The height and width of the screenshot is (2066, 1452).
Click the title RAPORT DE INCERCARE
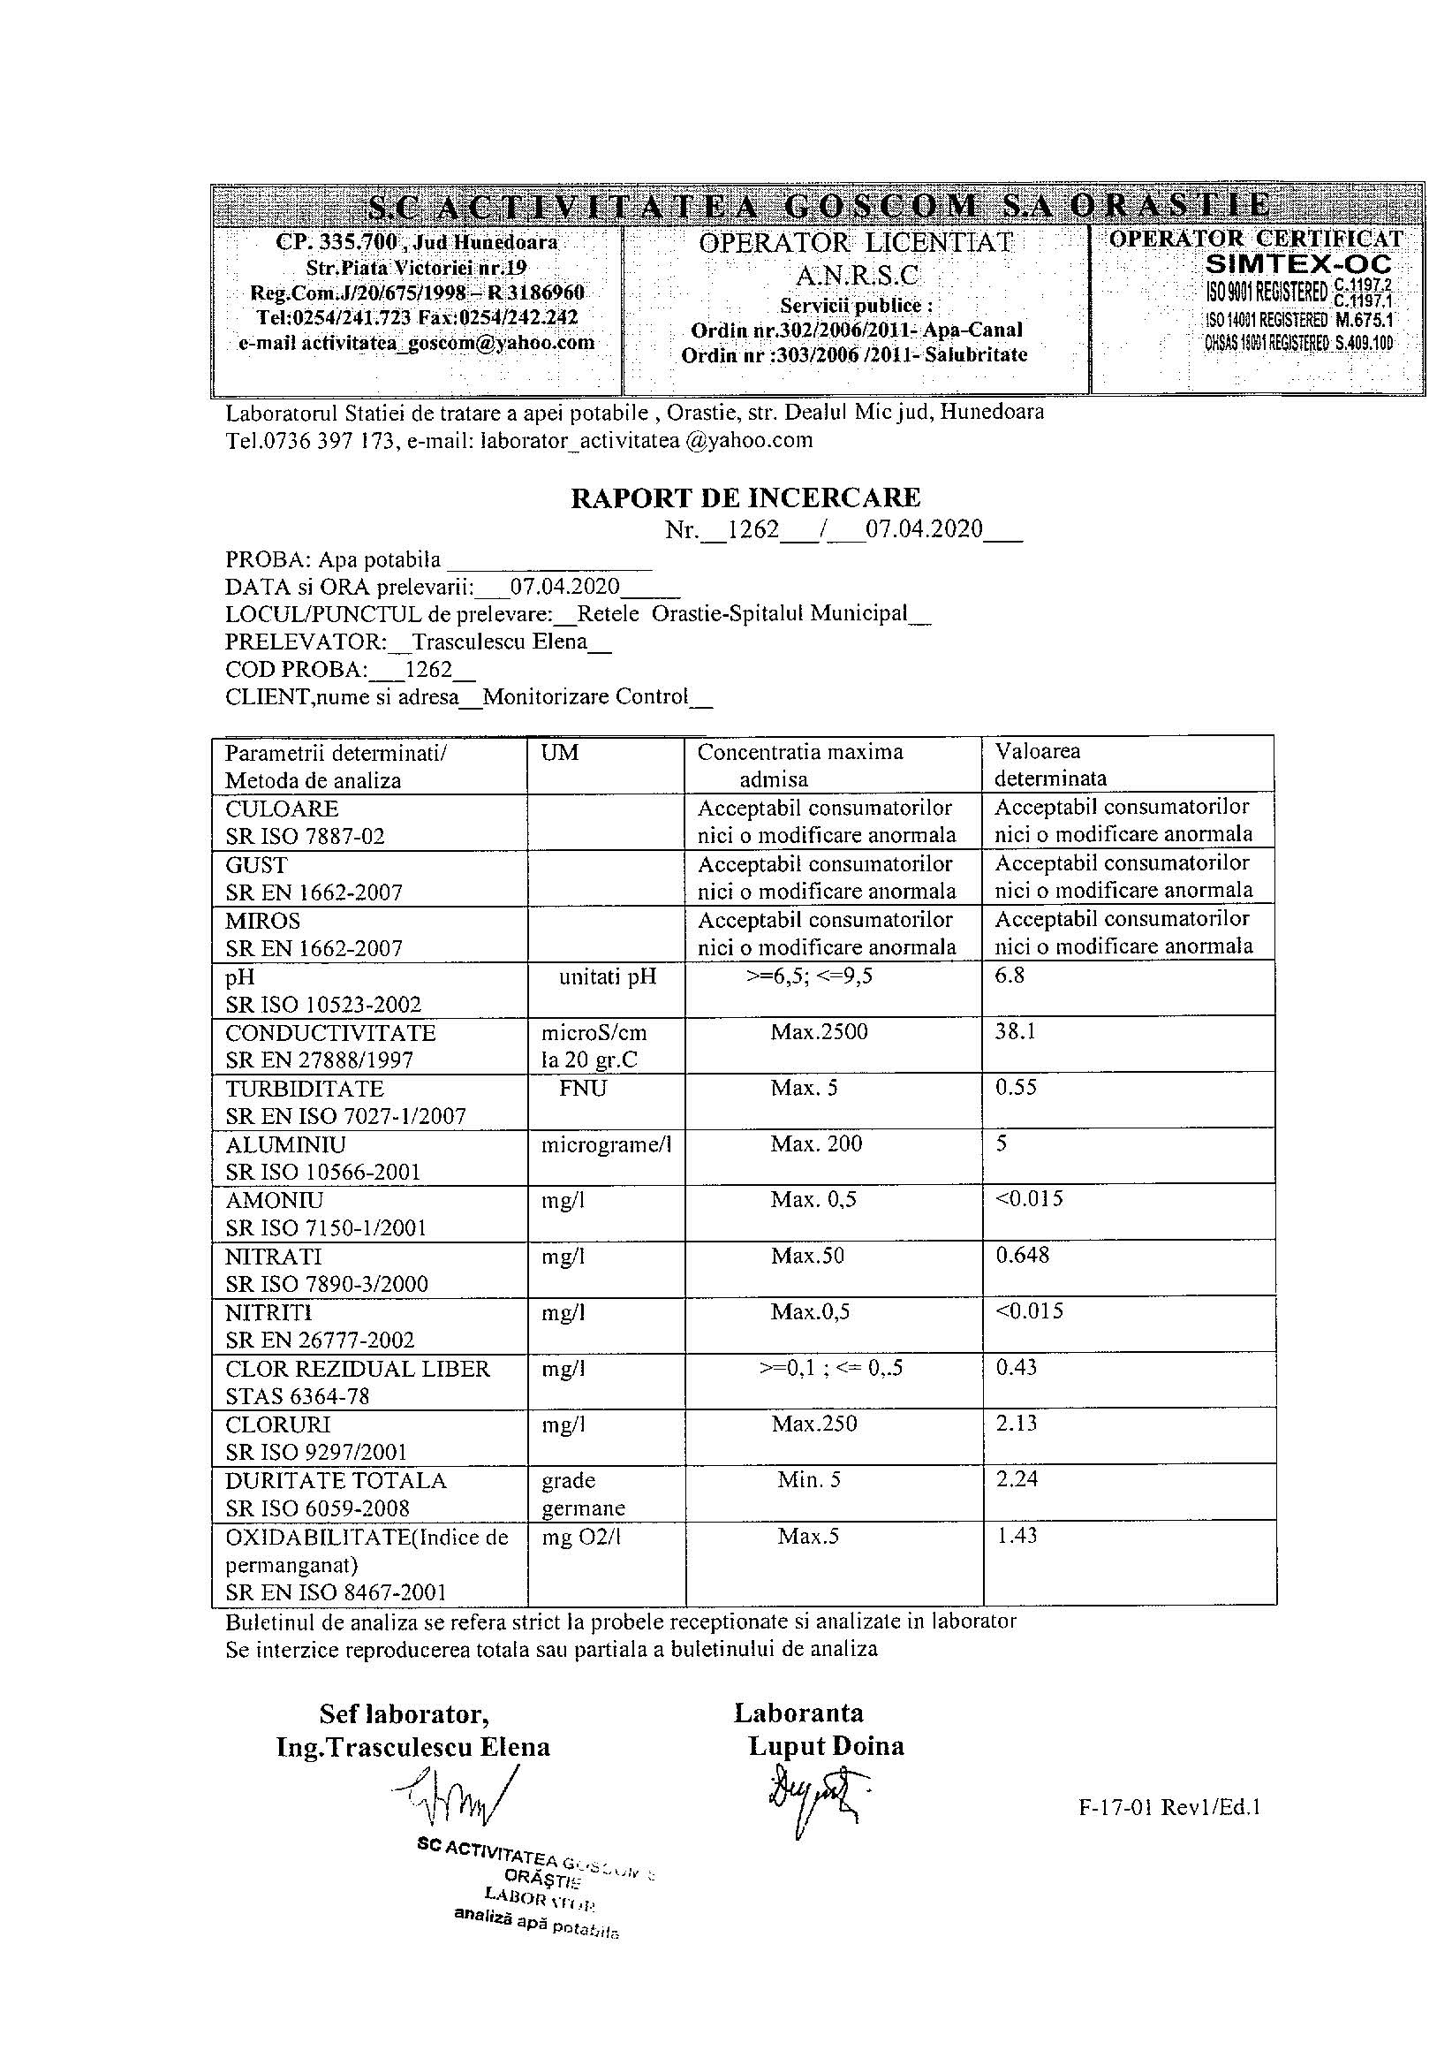745,498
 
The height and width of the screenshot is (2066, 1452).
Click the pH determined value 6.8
1010,976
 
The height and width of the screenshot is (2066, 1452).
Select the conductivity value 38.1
1015,1031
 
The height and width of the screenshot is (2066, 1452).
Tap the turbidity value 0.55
1016,1087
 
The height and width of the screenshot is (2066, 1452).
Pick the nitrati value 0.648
1022,1256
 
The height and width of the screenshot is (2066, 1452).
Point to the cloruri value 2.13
1017,1423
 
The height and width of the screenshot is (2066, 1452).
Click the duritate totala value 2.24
1017,1478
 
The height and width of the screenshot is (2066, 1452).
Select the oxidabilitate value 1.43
1017,1535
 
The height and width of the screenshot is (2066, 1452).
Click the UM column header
560,752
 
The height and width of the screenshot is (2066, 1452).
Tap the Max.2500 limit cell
819,1031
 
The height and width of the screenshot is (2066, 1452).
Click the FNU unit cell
582,1088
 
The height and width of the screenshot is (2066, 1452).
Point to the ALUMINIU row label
285,1144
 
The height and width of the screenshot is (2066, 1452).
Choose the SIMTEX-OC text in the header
1298,264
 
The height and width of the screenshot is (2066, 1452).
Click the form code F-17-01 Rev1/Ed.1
1168,1807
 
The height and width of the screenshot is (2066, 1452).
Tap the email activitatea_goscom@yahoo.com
417,343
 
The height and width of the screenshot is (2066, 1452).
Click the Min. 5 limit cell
809,1479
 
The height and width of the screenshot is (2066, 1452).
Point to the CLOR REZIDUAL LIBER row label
357,1369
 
